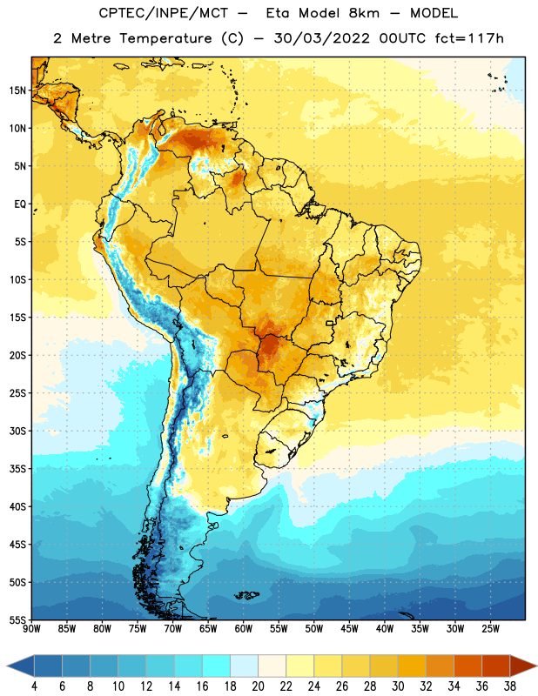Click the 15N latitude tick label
click(x=17, y=90)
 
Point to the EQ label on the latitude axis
click(x=20, y=204)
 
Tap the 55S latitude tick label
click(x=17, y=620)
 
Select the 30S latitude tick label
click(x=17, y=431)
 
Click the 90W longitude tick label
click(x=31, y=629)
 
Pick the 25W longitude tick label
click(x=490, y=629)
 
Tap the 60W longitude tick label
click(x=244, y=629)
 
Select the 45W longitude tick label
click(x=349, y=629)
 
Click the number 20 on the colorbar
click(x=258, y=686)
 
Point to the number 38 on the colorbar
click(x=510, y=686)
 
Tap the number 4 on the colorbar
click(x=34, y=686)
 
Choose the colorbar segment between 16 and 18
click(x=216, y=666)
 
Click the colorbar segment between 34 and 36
click(x=467, y=666)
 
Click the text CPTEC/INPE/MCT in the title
click(x=163, y=13)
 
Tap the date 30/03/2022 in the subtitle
click(x=321, y=38)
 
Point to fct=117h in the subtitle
click(x=469, y=38)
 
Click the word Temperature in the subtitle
click(x=165, y=38)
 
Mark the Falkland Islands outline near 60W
click(x=246, y=595)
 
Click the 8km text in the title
click(x=364, y=13)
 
